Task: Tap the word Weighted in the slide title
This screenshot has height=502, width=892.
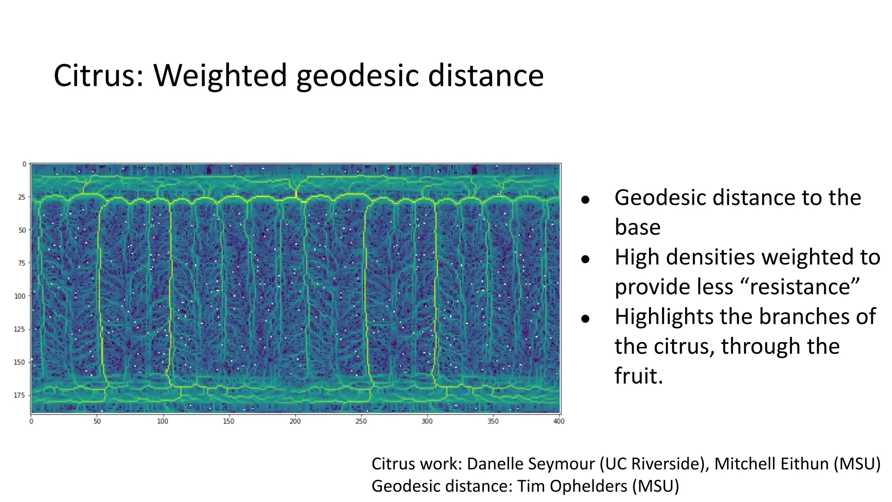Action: coord(220,76)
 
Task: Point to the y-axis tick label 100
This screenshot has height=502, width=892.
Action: coord(20,296)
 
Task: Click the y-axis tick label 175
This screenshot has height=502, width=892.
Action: coord(20,395)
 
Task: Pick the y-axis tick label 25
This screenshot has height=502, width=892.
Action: coord(22,197)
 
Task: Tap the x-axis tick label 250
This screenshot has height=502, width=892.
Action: coord(361,421)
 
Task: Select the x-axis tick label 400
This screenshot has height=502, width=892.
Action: coord(559,421)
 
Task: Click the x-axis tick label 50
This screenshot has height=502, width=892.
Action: coord(97,421)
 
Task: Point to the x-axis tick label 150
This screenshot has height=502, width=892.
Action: coord(229,421)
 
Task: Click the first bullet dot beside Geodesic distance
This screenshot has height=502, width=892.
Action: coord(585,200)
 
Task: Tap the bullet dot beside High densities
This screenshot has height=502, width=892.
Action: coord(585,259)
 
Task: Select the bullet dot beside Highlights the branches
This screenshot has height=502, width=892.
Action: coord(585,319)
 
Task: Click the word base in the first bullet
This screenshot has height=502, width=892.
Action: coord(638,227)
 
